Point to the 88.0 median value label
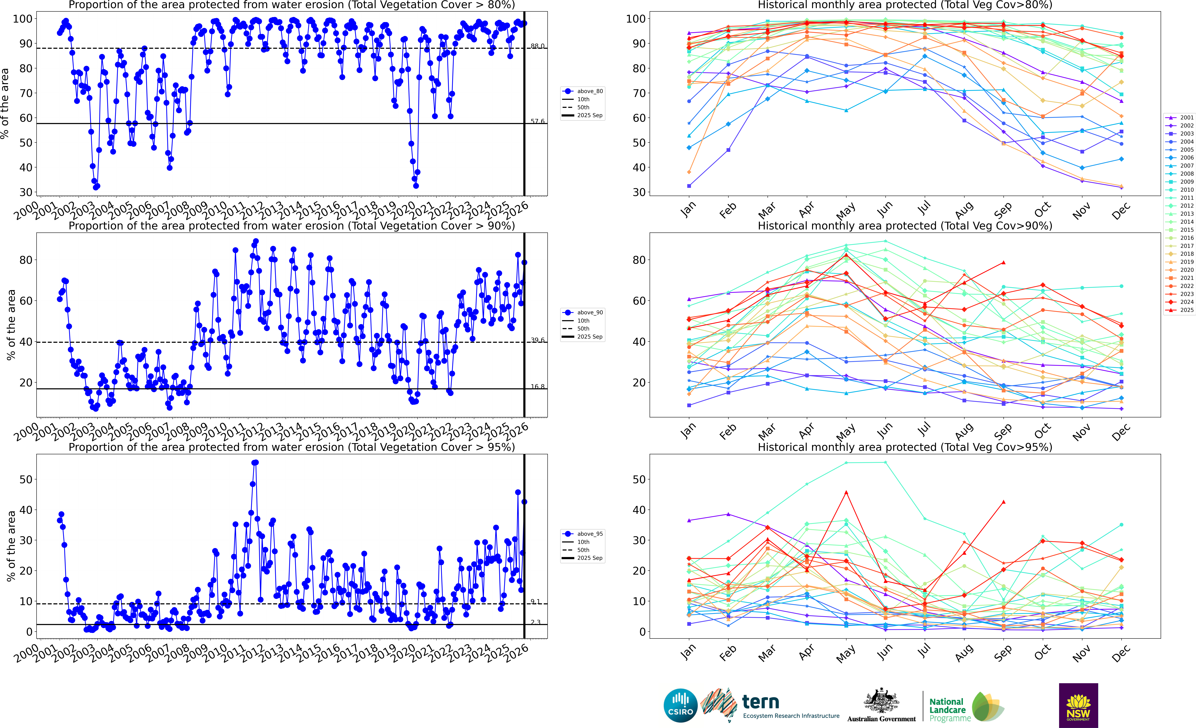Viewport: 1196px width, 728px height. point(537,46)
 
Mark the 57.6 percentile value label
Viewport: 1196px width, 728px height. point(537,121)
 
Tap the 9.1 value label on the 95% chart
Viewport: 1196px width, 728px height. point(535,602)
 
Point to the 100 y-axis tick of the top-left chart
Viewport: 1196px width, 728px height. point(22,19)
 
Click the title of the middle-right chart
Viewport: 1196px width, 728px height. point(905,226)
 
